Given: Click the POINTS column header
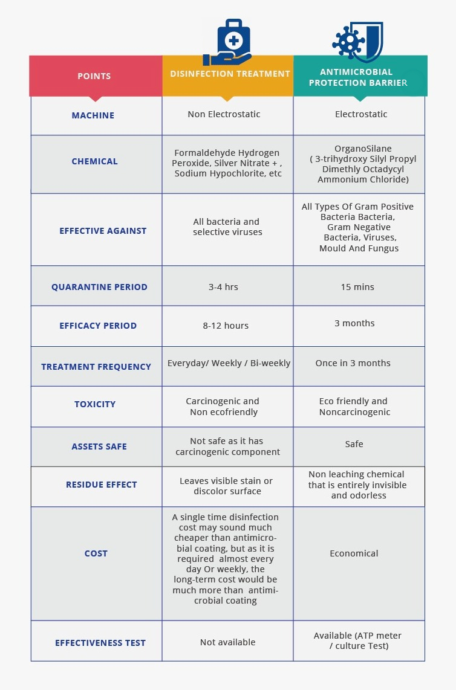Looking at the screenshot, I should (x=94, y=76).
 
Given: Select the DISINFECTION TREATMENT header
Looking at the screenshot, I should (x=230, y=74).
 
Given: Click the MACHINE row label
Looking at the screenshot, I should (x=93, y=115).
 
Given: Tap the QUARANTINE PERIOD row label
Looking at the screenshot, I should (x=99, y=287).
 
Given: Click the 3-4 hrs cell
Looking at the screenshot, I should (x=223, y=287).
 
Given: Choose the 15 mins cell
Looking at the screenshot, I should (x=357, y=287).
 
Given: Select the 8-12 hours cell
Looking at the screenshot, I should (x=226, y=326).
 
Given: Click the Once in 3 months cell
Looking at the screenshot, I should (x=353, y=363).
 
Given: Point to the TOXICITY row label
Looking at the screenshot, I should (x=95, y=404).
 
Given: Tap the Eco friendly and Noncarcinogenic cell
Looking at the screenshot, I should (x=354, y=407).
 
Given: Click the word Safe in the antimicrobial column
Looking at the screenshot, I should (x=354, y=444).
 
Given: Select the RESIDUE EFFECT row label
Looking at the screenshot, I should (x=102, y=485).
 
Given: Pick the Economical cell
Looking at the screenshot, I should (x=354, y=553).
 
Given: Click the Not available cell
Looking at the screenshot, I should (x=227, y=642).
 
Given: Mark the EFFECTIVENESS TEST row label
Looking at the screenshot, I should (x=100, y=643).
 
